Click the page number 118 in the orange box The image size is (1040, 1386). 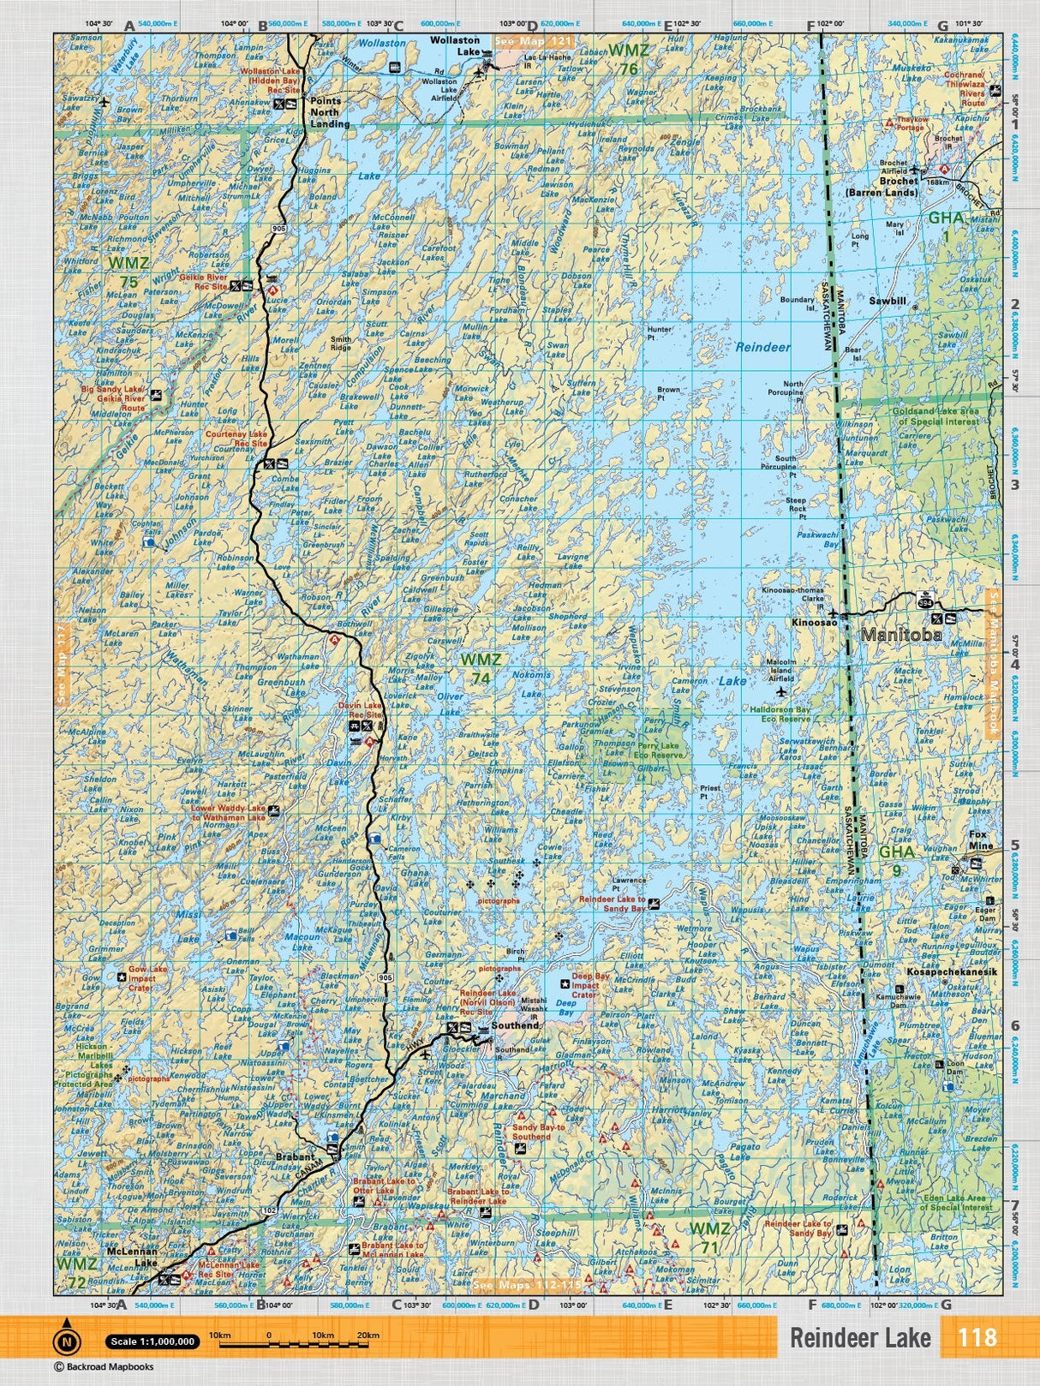tap(977, 1338)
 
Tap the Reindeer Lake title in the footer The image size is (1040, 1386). tap(859, 1338)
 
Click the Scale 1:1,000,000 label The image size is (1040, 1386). tap(152, 1341)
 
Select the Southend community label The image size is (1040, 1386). tap(514, 1025)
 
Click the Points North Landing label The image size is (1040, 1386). tap(325, 112)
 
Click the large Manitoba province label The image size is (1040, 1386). tap(900, 635)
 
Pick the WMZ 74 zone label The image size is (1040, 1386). tap(480, 669)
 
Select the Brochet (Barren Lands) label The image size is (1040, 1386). tap(893, 187)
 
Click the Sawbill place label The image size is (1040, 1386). tap(887, 302)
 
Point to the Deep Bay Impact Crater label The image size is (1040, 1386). tap(591, 985)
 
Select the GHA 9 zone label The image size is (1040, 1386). tap(896, 861)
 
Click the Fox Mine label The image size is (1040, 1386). tap(980, 840)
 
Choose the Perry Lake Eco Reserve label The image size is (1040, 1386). tap(659, 750)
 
